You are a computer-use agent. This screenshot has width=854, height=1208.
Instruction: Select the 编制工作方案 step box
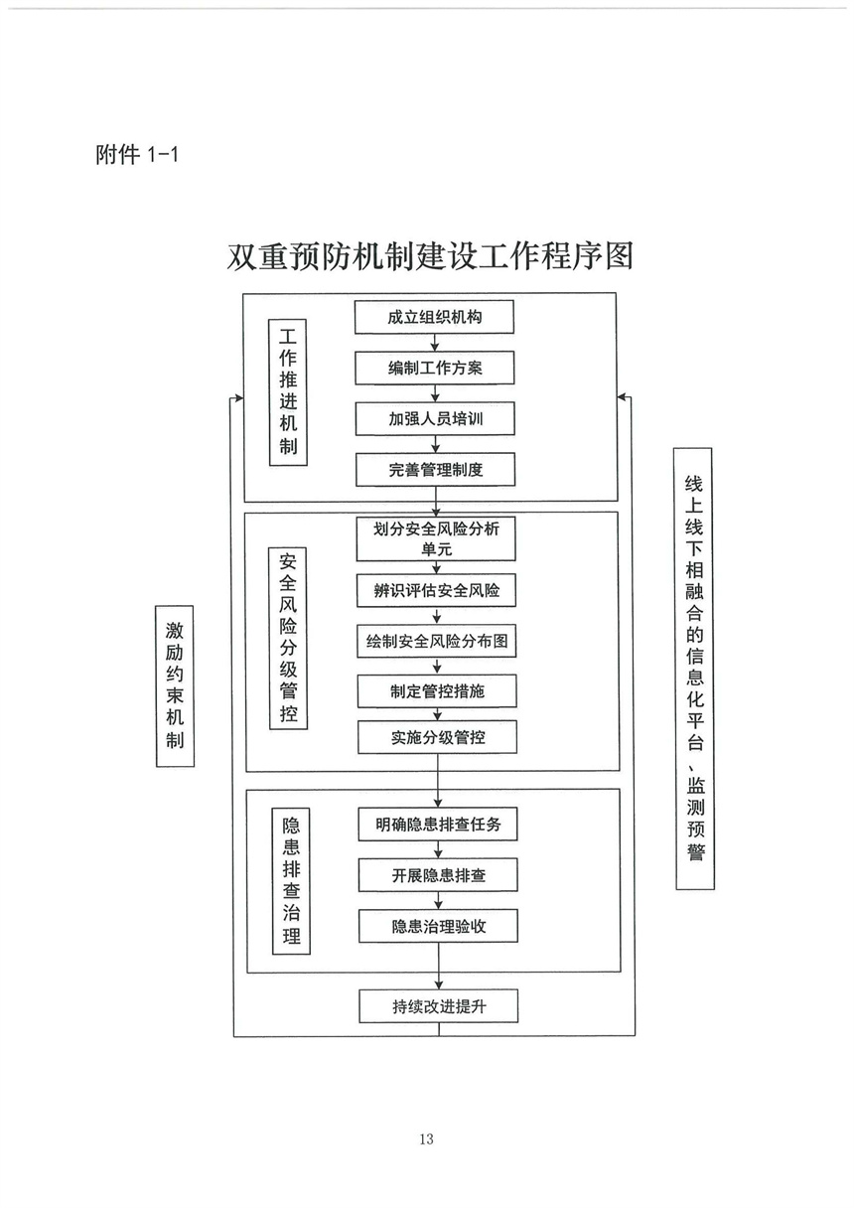[436, 369]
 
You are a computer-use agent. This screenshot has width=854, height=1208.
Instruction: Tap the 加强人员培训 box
[436, 419]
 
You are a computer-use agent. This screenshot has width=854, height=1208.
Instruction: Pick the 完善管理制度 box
[436, 470]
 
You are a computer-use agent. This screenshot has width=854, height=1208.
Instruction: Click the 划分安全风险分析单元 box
[437, 539]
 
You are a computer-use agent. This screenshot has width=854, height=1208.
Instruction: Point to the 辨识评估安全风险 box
[437, 591]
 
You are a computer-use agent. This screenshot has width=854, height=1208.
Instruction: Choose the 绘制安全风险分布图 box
[437, 642]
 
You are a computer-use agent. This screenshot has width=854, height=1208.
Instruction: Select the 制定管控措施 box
[437, 691]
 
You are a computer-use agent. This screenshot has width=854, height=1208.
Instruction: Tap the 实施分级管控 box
[437, 738]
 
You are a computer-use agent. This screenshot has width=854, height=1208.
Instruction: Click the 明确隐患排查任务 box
[438, 824]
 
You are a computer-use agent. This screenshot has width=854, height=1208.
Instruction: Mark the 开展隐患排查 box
[438, 875]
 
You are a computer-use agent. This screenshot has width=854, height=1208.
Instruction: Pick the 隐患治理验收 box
[438, 927]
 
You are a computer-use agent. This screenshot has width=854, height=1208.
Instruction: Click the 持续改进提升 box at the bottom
[438, 1006]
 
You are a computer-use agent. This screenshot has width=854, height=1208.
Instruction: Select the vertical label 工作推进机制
[288, 391]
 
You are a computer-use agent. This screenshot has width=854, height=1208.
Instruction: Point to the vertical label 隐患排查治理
[291, 880]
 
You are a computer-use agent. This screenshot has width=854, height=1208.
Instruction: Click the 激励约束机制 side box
[175, 685]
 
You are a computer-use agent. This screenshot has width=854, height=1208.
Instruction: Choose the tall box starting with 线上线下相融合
[694, 669]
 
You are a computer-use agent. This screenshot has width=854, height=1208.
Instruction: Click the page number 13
[427, 1138]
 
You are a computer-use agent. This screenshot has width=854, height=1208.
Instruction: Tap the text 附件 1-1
[136, 155]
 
